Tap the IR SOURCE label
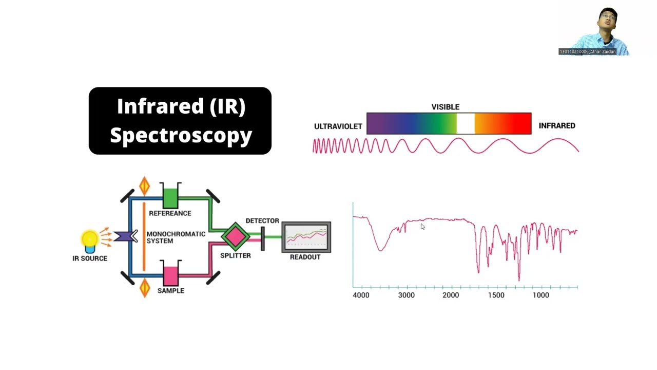click(90, 258)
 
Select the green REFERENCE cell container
click(170, 197)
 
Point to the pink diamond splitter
click(236, 236)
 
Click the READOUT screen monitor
click(306, 237)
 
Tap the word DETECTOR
click(262, 221)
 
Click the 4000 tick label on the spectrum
click(361, 295)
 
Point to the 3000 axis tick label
click(406, 295)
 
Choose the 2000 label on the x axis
click(451, 295)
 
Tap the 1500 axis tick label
click(496, 295)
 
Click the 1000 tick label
click(540, 295)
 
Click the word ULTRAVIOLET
click(338, 126)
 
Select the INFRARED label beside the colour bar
click(557, 126)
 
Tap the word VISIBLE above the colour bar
click(445, 107)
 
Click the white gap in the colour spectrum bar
click(466, 124)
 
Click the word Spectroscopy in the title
click(181, 135)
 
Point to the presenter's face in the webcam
click(607, 21)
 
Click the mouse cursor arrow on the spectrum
click(422, 226)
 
